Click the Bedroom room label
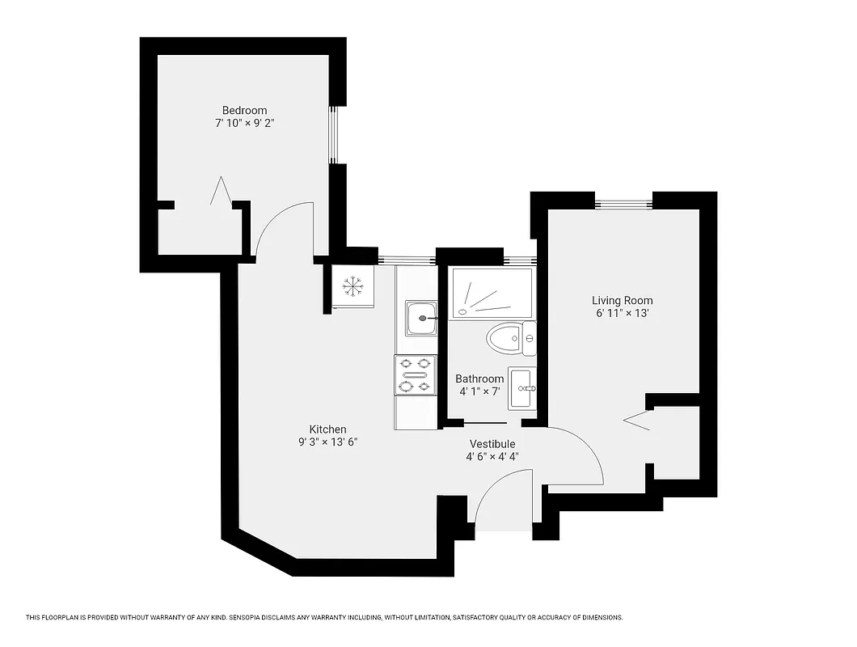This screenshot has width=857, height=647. click(x=244, y=110)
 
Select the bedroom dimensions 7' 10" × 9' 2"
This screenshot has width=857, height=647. click(x=244, y=123)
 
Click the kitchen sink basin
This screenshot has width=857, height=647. click(x=420, y=318)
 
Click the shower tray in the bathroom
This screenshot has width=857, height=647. click(x=490, y=294)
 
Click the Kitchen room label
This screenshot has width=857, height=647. click(x=327, y=429)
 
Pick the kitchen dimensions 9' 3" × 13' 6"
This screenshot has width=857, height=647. click(x=327, y=442)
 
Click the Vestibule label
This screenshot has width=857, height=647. click(x=492, y=444)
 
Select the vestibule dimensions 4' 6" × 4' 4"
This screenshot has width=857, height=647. click(x=492, y=457)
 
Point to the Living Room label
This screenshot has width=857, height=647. click(x=622, y=301)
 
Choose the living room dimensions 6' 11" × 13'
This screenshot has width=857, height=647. click(x=622, y=314)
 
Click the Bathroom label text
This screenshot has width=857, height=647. click(x=479, y=378)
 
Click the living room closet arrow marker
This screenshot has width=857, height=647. click(x=638, y=419)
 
